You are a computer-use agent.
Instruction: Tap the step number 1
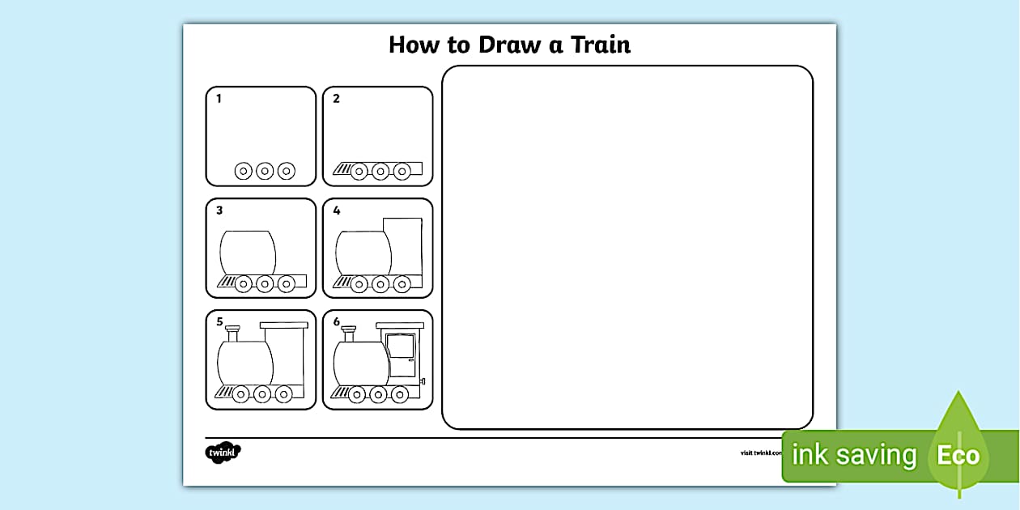click(x=219, y=99)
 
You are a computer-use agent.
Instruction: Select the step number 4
click(x=337, y=210)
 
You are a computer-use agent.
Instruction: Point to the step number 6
click(x=337, y=322)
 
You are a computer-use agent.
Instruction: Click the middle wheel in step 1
click(x=265, y=171)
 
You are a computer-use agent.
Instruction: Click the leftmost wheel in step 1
click(x=244, y=171)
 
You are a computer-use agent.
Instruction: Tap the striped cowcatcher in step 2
click(x=342, y=169)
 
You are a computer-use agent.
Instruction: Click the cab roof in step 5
click(x=284, y=325)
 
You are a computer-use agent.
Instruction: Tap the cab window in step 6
click(x=400, y=346)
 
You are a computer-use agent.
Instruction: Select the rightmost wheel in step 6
click(x=399, y=394)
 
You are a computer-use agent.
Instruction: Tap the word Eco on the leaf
click(x=958, y=455)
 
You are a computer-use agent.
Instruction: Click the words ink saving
click(x=853, y=456)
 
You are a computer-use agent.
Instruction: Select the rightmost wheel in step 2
click(x=402, y=171)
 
